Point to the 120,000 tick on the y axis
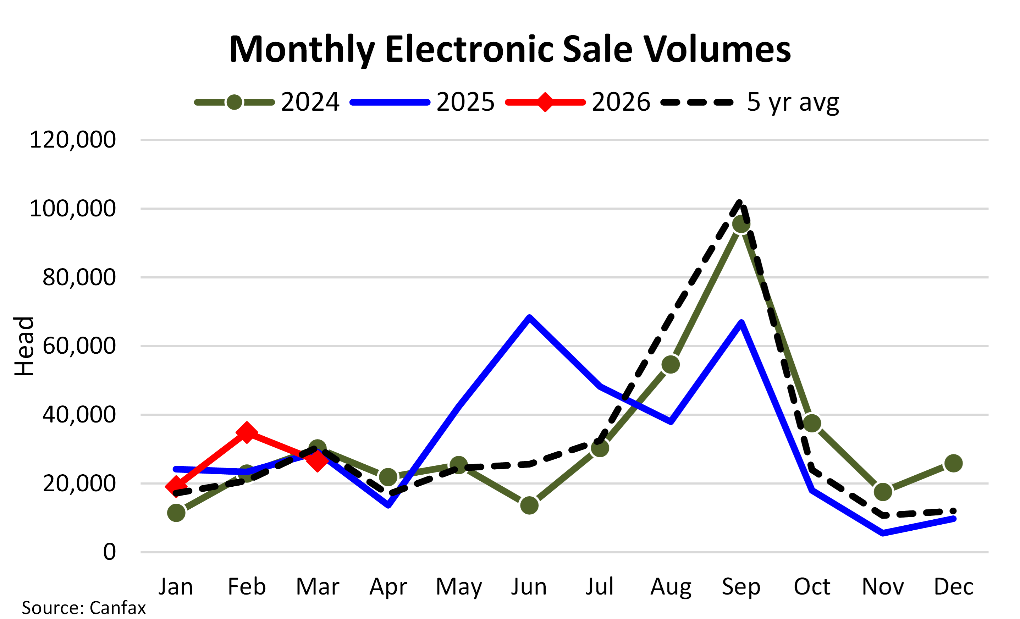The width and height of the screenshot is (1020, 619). [73, 140]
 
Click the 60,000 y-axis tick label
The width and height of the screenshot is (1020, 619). [79, 346]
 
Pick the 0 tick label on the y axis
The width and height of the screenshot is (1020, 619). [109, 552]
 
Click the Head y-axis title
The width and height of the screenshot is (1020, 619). [24, 346]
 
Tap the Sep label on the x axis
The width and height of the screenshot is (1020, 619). [741, 587]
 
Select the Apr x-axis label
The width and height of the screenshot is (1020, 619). [388, 587]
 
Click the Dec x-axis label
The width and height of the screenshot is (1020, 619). [953, 587]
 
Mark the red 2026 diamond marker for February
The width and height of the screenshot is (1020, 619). [247, 433]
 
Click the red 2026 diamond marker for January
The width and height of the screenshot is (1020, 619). [176, 486]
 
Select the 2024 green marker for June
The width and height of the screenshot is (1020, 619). [529, 505]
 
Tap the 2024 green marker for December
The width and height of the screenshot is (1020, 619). [953, 463]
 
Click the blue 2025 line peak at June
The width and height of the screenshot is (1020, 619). [529, 318]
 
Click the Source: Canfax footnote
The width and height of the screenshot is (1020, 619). [84, 608]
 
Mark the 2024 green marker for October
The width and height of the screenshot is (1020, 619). [812, 423]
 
